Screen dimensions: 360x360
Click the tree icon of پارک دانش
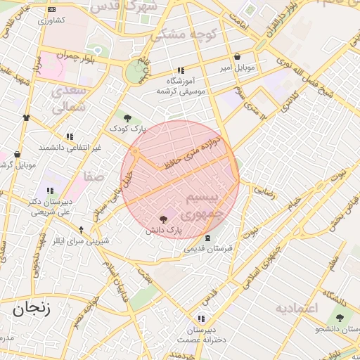[164, 219]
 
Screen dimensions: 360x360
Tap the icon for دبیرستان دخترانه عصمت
[202, 319]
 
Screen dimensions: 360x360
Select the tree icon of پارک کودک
[127, 118]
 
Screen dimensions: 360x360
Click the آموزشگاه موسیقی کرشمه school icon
[181, 71]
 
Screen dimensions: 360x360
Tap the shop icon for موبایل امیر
[236, 57]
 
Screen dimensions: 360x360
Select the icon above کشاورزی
[51, 9]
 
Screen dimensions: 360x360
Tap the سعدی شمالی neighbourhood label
[69, 99]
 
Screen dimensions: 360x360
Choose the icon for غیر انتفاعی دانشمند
[69, 136]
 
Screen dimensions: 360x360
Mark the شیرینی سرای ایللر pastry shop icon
[81, 230]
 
